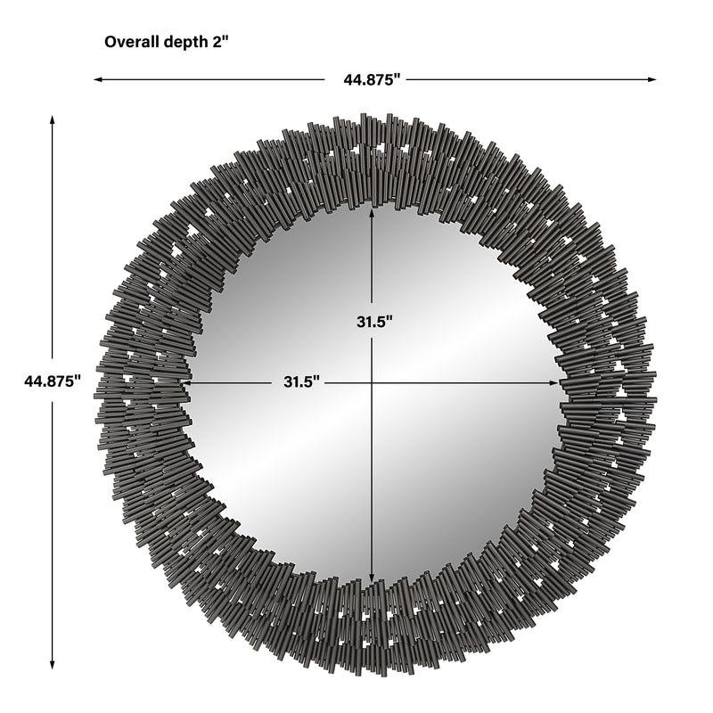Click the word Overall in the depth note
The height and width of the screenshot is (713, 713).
[x=129, y=41]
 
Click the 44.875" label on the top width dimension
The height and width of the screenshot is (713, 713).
[x=374, y=79]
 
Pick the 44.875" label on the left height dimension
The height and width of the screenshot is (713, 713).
[x=53, y=381]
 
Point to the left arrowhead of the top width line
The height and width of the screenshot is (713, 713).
[x=98, y=79]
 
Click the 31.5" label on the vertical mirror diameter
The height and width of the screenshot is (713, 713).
[x=372, y=322]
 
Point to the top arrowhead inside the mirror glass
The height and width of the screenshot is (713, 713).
[x=372, y=209]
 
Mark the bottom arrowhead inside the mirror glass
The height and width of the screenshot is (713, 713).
[x=372, y=577]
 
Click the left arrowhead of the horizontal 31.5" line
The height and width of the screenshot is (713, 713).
[x=185, y=382]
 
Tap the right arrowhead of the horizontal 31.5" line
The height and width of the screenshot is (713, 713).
[x=559, y=382]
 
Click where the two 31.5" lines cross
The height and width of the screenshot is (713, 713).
[x=372, y=382]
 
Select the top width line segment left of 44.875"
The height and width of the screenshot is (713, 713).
[x=214, y=79]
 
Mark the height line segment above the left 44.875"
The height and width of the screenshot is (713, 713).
[x=53, y=241]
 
